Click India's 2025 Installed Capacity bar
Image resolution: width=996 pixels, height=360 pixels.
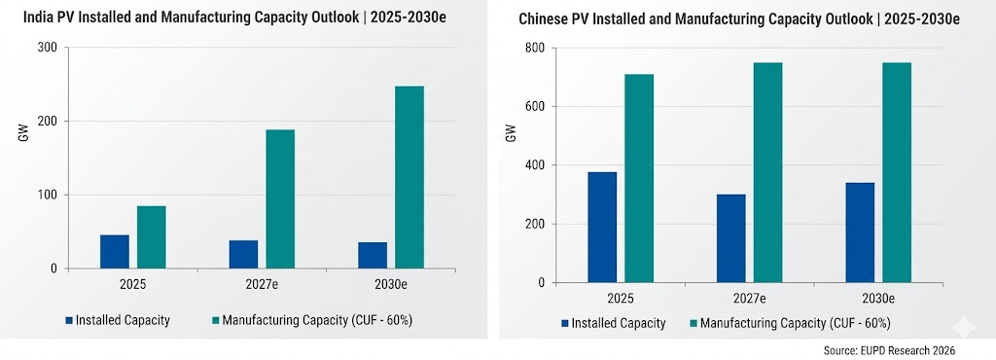coord(115,251)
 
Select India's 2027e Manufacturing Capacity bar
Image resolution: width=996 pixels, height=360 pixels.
coord(280,198)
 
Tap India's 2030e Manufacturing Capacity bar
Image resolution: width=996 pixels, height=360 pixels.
coord(409,177)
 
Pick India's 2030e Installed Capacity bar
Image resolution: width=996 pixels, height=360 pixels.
coord(373,255)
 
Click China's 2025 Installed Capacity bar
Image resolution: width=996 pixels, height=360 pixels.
coord(602,228)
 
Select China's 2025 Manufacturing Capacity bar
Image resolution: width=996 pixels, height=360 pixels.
coord(639,178)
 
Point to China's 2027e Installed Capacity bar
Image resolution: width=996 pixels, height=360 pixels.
coord(731,238)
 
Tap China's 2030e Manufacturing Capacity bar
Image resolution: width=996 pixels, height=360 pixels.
coord(897,172)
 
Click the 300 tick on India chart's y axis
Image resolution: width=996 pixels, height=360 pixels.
coord(49,48)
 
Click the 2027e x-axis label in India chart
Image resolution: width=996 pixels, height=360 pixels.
coord(262,284)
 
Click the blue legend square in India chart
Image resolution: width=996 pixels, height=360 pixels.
coord(69,320)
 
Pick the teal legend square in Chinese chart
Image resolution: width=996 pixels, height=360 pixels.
coord(693,323)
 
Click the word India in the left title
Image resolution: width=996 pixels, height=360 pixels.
coord(39,18)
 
